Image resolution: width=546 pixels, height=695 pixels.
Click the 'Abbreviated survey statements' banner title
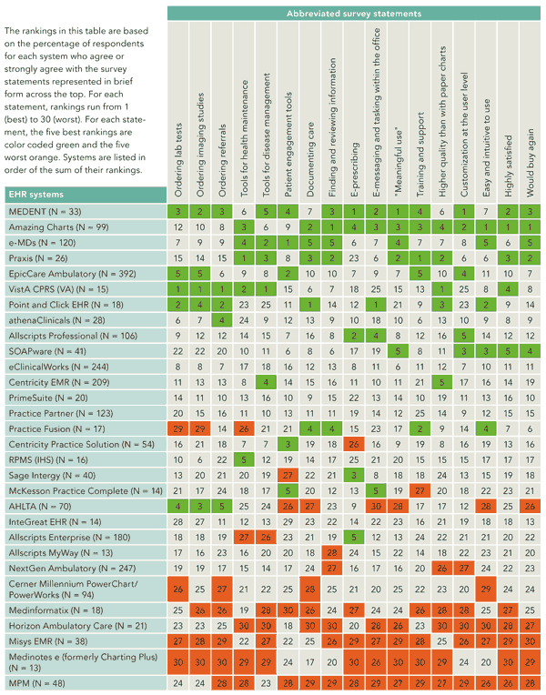354,14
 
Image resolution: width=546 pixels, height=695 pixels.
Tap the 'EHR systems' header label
37,193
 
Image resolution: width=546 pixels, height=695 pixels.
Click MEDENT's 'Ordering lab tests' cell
179,211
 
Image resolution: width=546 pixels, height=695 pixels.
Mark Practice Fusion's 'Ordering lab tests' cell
179,428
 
